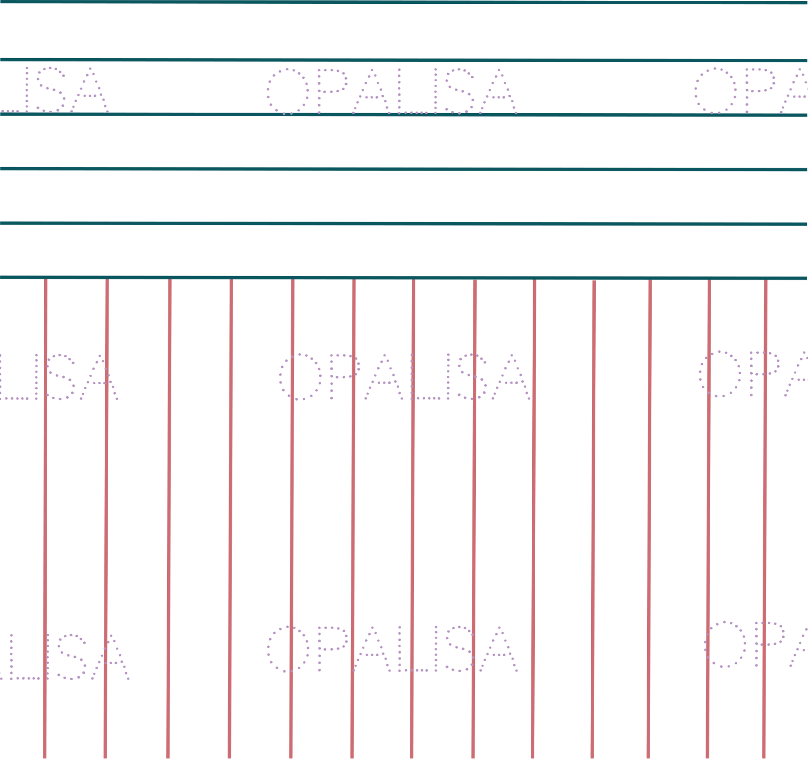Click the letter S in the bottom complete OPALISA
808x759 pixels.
[459, 649]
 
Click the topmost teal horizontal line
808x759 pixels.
[404, 2]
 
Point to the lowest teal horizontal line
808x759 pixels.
[404, 278]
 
